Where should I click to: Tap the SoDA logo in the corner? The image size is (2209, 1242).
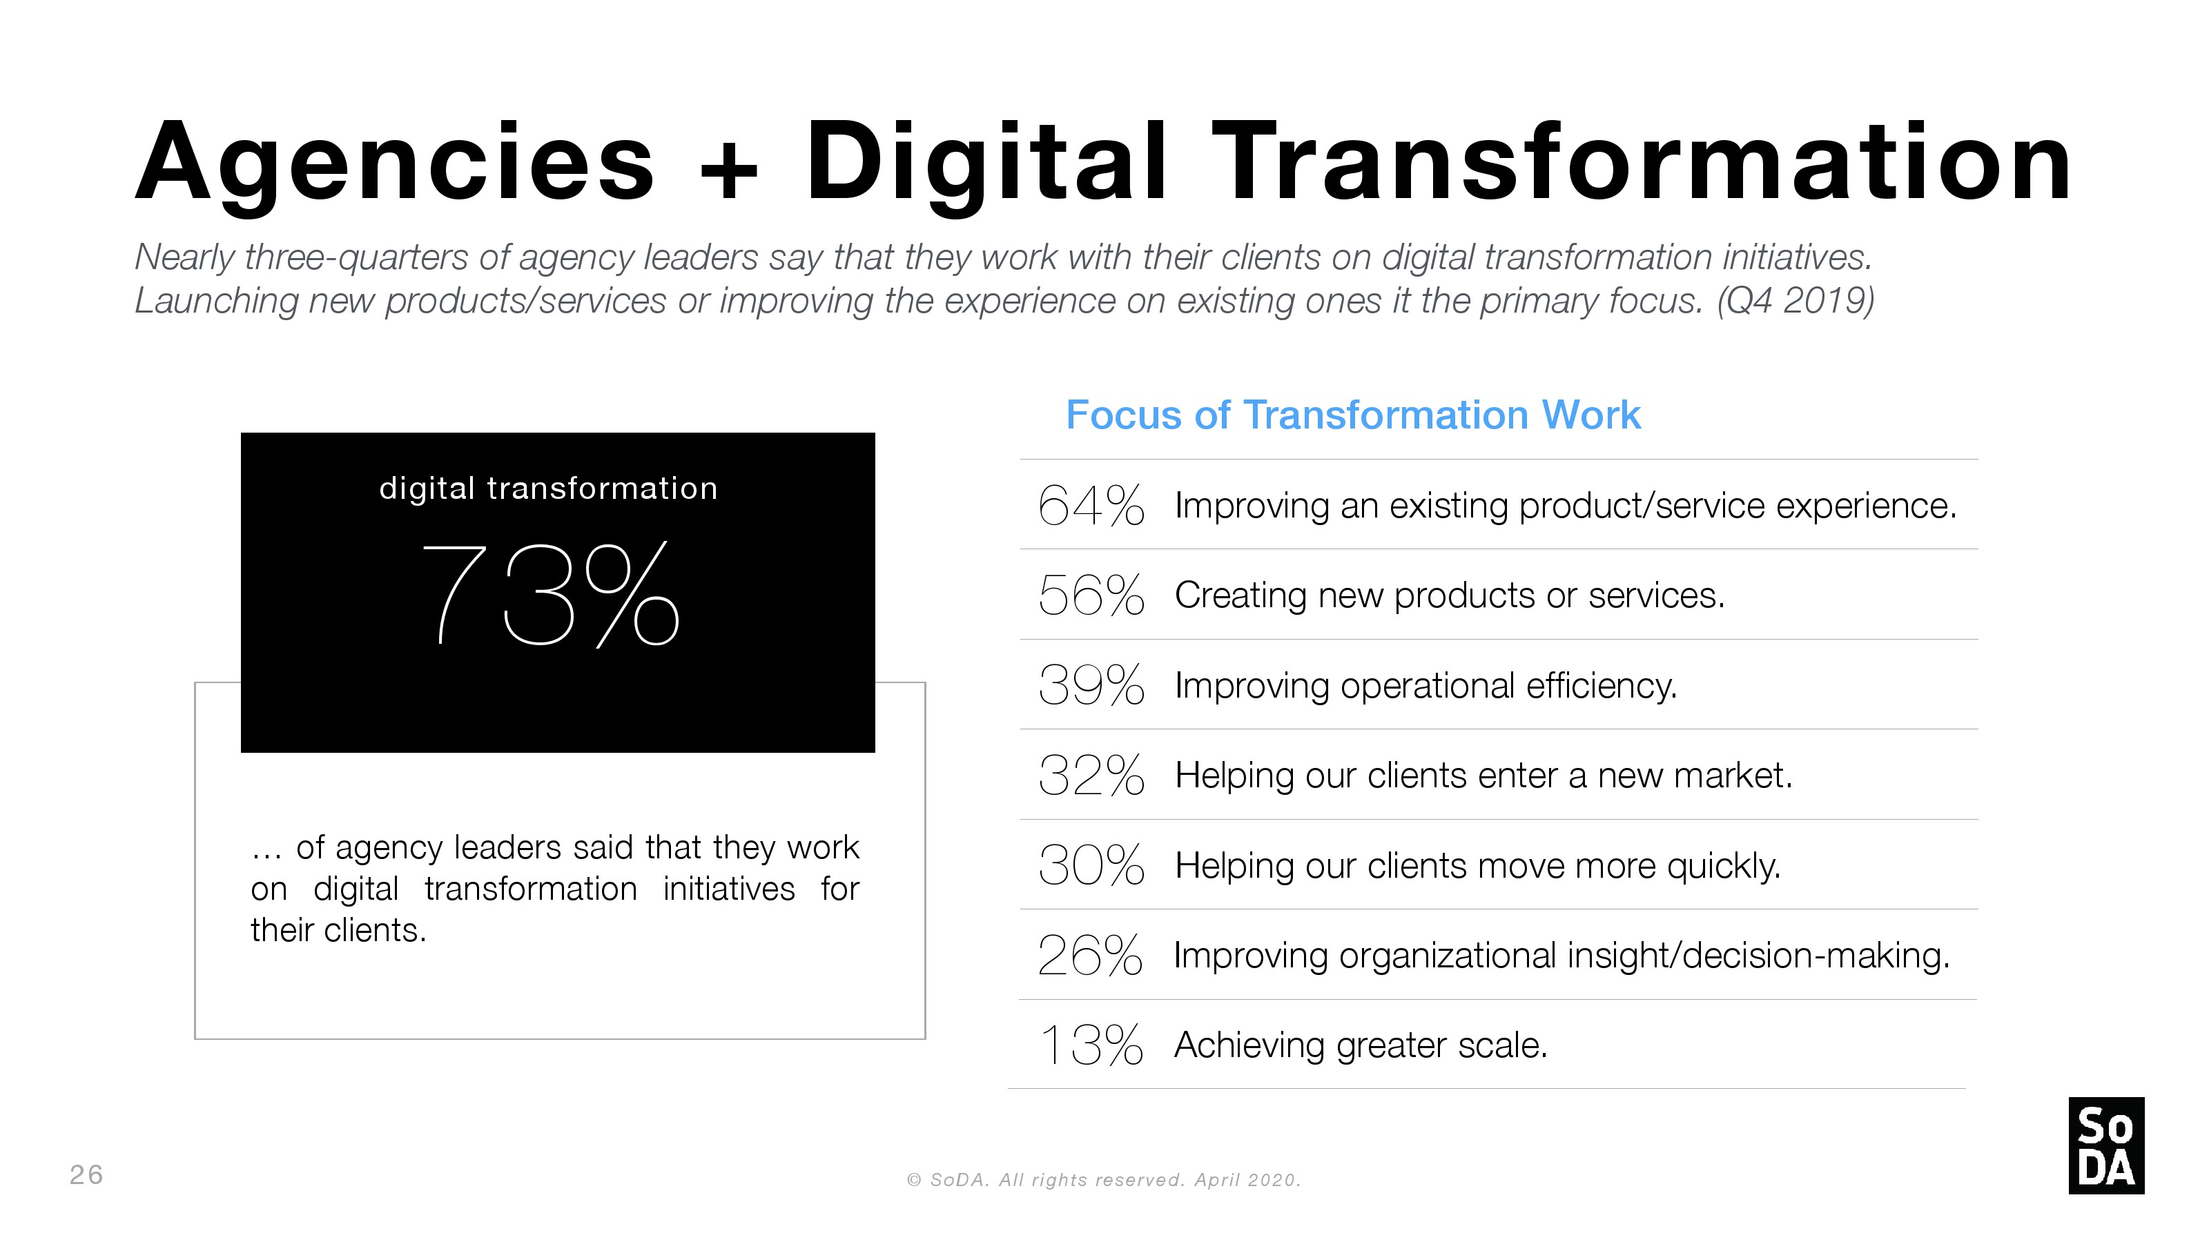(x=2106, y=1145)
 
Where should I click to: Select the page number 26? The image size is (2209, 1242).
(x=86, y=1174)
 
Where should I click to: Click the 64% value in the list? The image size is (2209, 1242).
(x=1091, y=505)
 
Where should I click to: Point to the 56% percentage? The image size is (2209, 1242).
(x=1091, y=595)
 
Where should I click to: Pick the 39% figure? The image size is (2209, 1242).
(x=1091, y=685)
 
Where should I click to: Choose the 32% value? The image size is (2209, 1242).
(x=1091, y=775)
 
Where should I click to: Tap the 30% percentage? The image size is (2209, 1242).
(x=1091, y=865)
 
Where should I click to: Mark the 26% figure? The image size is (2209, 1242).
(x=1090, y=955)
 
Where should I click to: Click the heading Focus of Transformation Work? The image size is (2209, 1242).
(x=1353, y=415)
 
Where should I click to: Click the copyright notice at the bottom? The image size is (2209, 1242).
(x=1104, y=1181)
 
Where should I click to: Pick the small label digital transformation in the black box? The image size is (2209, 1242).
(x=549, y=489)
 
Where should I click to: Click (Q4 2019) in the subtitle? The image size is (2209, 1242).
(x=1796, y=301)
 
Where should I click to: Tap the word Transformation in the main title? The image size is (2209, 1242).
(x=1642, y=163)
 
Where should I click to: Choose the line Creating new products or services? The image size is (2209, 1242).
(x=1449, y=595)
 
